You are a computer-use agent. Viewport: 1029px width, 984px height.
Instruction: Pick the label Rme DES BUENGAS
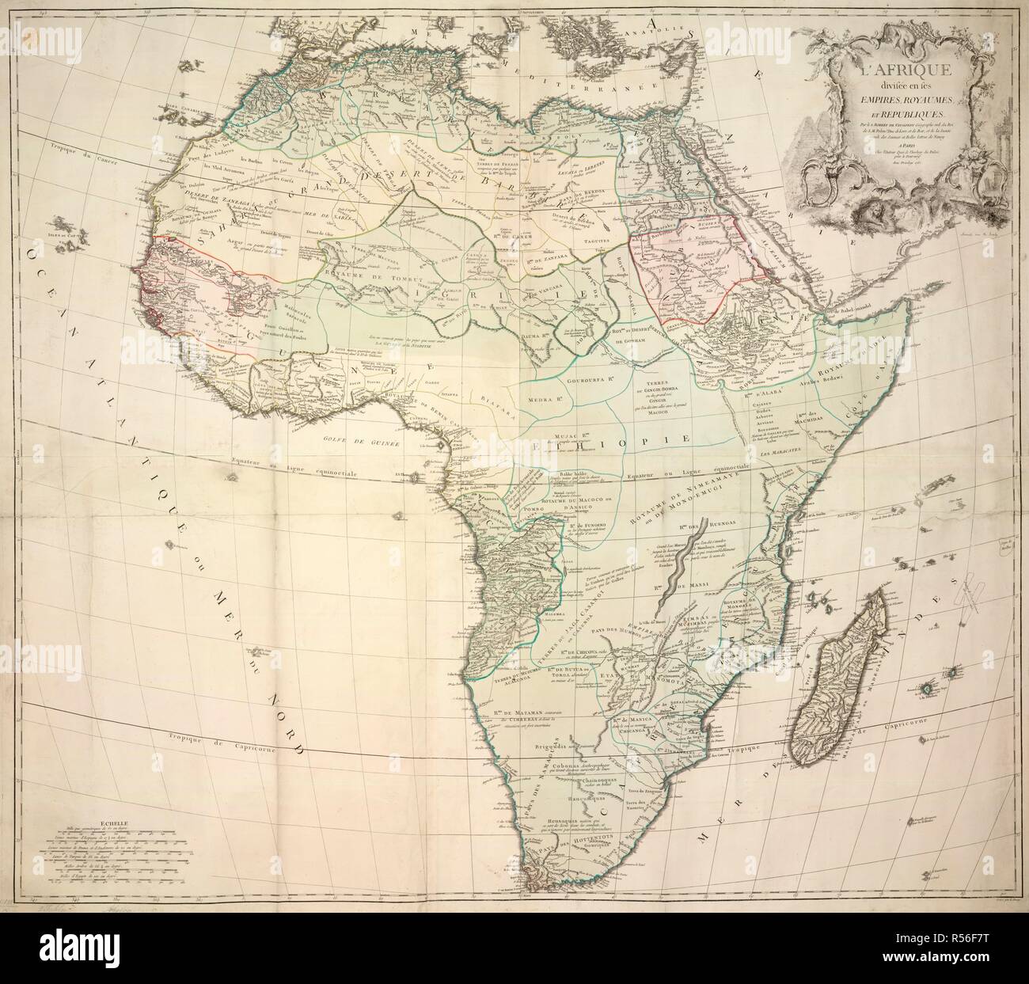click(697, 530)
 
